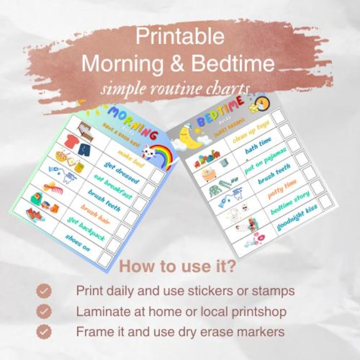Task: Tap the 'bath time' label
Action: [x=259, y=145]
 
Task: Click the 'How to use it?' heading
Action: [x=177, y=267]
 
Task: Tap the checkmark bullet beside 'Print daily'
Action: [x=44, y=291]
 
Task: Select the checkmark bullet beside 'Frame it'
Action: [x=44, y=331]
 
